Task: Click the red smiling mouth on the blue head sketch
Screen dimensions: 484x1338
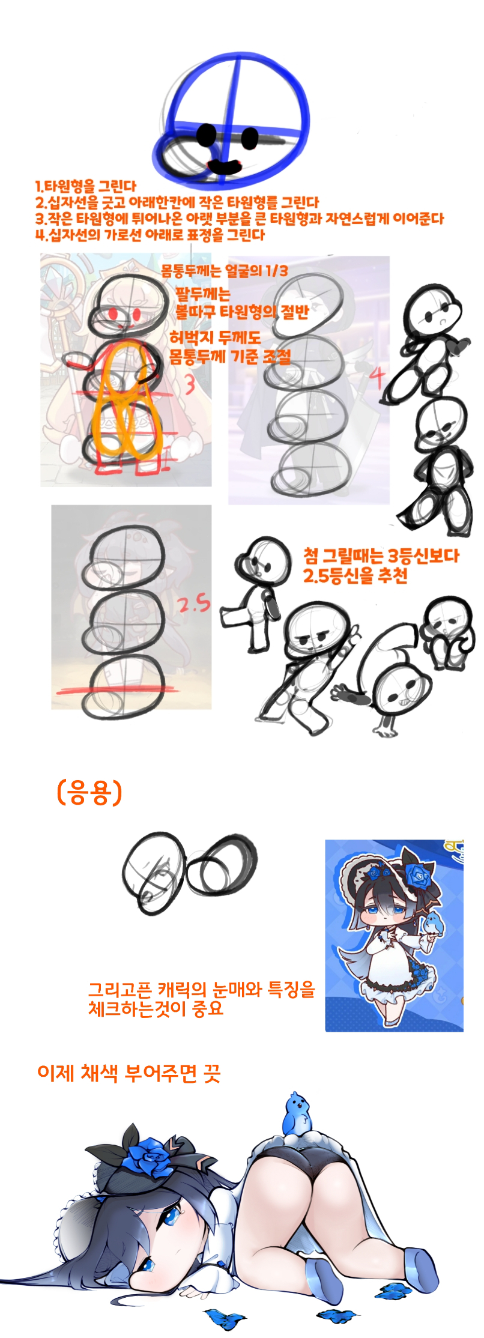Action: pos(223,164)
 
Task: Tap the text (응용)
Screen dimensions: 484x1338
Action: pos(89,792)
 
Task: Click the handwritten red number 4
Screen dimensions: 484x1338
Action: pos(377,378)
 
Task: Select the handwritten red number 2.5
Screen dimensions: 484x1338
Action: pos(194,602)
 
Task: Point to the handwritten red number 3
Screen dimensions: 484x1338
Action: pos(190,384)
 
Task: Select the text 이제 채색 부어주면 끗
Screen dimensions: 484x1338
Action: pos(129,1073)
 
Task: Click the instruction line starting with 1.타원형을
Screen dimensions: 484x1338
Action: pos(86,186)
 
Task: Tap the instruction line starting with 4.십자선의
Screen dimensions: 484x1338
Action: pos(150,235)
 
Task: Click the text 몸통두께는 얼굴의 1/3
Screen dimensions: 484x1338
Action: pos(225,271)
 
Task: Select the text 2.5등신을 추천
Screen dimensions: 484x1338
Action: pos(355,576)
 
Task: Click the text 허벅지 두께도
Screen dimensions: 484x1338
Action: pos(215,338)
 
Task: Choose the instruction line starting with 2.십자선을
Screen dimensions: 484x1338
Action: pos(177,202)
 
